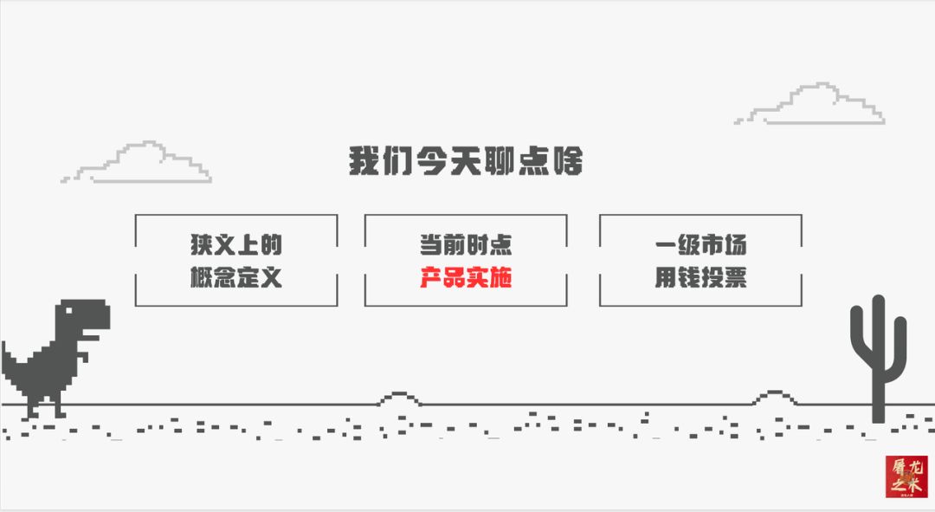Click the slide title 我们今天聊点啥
pos(466,161)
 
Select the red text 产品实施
pos(466,277)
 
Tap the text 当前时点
pos(466,244)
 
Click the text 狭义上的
pos(236,244)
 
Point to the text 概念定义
pos(236,277)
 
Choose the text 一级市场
pos(700,244)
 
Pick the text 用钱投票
pos(700,277)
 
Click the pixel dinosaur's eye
pos(68,310)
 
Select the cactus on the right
pos(879,358)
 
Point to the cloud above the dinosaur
pos(136,162)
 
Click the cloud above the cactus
pos(809,104)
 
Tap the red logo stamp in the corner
pos(906,476)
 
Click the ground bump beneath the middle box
pos(399,399)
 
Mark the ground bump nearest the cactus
pos(775,398)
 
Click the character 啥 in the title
pos(567,161)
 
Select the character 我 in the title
pos(364,161)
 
